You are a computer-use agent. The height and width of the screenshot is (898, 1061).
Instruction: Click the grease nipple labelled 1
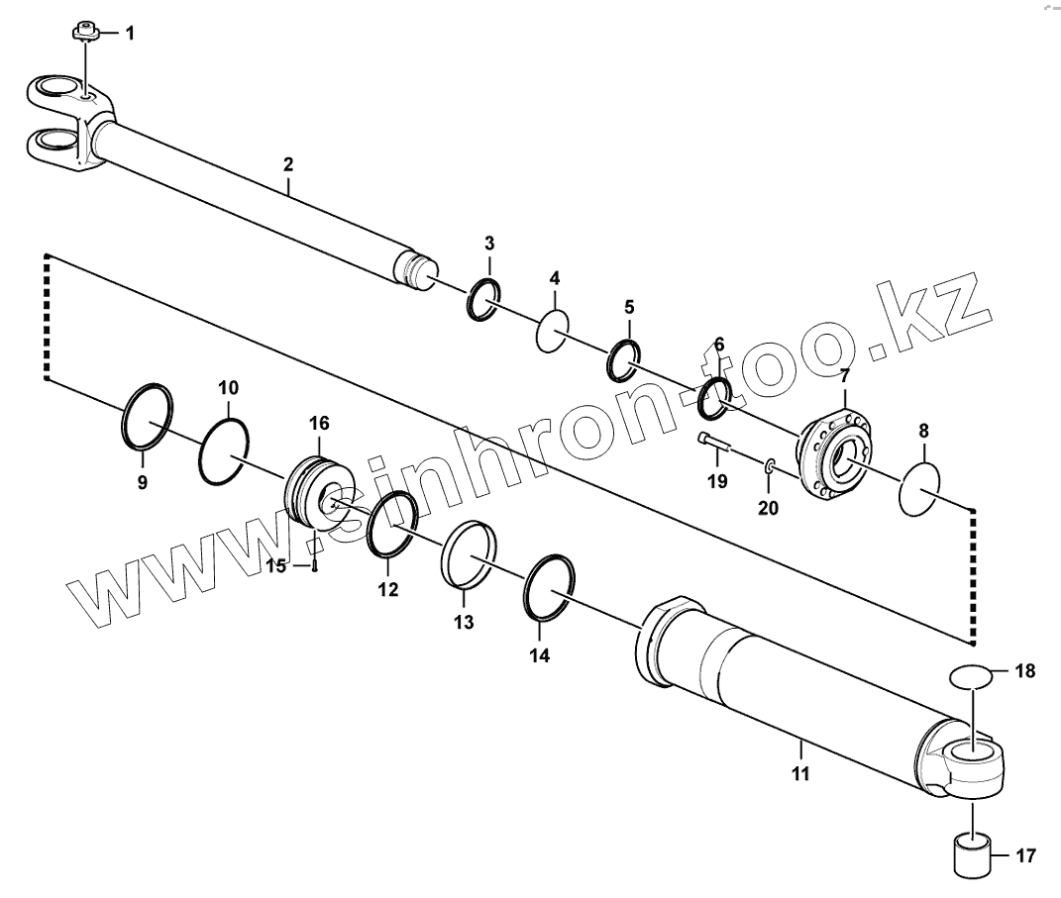(85, 34)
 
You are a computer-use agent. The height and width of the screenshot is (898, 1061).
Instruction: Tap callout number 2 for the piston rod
(288, 163)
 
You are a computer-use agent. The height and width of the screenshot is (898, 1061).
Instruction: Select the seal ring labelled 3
(484, 299)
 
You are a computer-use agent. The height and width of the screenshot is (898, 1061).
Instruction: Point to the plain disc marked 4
(553, 330)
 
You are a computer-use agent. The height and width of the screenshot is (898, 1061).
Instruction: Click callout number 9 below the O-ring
(142, 482)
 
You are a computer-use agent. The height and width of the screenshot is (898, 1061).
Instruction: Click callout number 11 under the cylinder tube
(800, 773)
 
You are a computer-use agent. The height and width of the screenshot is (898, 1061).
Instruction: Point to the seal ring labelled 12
(392, 524)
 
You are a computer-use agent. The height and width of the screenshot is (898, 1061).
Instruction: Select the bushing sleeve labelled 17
(972, 854)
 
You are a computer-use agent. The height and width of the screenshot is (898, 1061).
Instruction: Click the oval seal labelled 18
(970, 677)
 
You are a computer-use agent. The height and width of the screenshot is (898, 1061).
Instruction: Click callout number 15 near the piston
(276, 565)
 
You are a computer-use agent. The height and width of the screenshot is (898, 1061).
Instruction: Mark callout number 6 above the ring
(718, 344)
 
